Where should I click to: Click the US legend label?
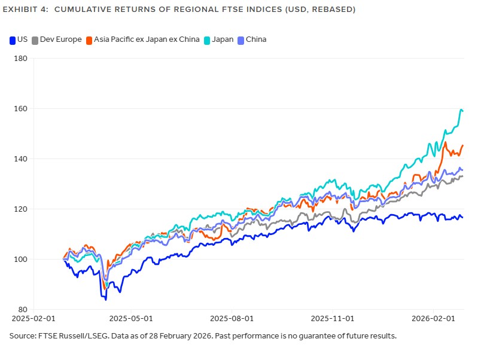(22, 39)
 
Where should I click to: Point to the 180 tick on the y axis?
(22, 59)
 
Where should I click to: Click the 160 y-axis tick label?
(22, 109)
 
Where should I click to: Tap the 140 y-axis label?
(22, 159)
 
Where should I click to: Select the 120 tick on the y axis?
(22, 209)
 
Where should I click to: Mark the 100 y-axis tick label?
(22, 260)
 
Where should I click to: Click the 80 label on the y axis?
(23, 310)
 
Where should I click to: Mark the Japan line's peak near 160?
(461, 110)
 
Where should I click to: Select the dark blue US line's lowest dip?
(106, 298)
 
